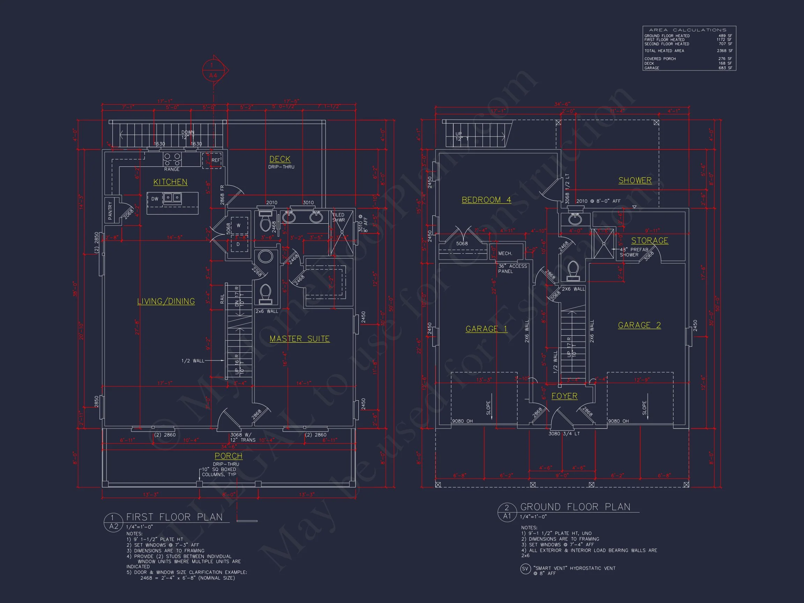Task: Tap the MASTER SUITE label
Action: pos(299,338)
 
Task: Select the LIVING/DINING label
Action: pos(166,301)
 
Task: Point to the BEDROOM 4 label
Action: pos(486,200)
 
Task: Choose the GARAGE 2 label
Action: pos(639,325)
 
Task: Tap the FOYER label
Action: pos(564,396)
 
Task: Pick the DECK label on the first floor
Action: pos(280,159)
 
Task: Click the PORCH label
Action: pos(228,456)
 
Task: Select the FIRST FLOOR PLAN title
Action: pos(174,517)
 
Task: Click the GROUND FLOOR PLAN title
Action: pos(575,507)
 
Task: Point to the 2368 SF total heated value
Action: pos(724,51)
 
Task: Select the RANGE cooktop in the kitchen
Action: pos(172,159)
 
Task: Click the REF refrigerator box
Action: pos(212,160)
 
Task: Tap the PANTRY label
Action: pos(110,210)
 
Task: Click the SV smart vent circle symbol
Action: pos(525,569)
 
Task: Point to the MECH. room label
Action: pos(505,253)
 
